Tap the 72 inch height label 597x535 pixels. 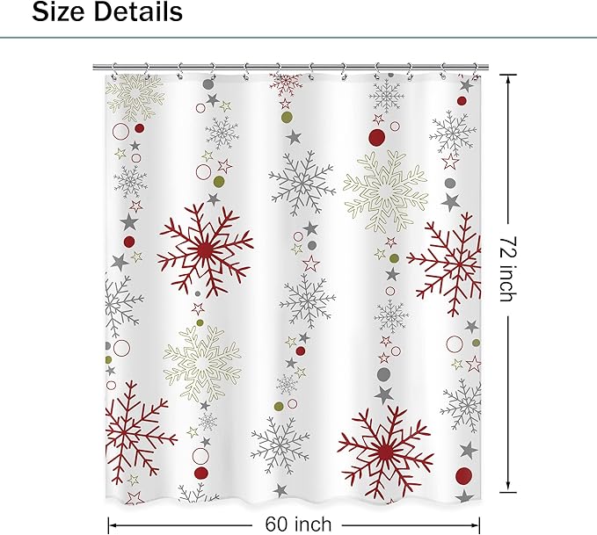(506, 267)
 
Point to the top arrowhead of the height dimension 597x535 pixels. (507, 76)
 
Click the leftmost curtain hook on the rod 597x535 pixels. (115, 68)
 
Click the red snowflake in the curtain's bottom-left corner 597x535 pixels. (135, 430)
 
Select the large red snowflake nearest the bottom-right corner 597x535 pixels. (384, 451)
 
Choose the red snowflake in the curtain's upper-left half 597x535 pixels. (205, 250)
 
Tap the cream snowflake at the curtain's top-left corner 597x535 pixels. (135, 92)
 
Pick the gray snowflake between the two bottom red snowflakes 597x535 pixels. (280, 445)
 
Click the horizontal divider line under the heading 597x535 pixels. (298, 38)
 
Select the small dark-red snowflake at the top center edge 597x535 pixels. (286, 83)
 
